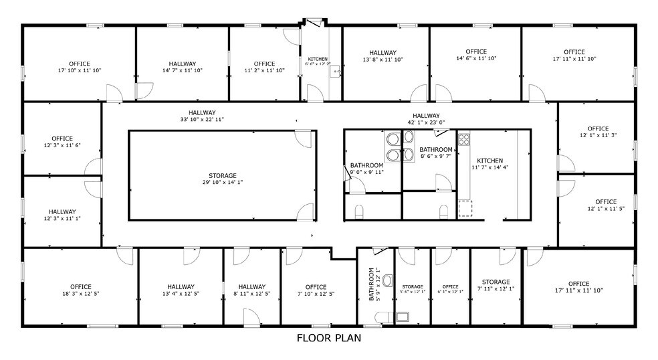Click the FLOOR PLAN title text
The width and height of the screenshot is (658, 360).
328,338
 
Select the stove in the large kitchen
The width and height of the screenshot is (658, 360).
464,141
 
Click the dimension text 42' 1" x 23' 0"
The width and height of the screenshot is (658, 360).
426,122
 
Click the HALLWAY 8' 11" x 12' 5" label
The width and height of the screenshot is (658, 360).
251,290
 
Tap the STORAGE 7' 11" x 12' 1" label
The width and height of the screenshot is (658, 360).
496,286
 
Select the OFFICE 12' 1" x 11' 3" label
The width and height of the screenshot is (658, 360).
597,132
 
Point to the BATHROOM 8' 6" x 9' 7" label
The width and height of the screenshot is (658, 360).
435,153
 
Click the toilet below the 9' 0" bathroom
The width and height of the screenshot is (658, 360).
360,212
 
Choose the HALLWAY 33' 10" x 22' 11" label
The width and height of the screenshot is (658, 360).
202,116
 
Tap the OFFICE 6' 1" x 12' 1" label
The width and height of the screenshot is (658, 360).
450,290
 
